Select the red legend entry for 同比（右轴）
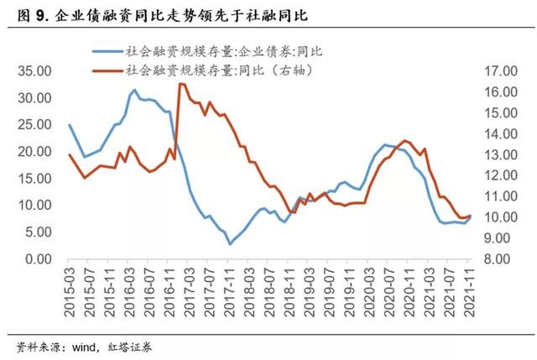[x=215, y=70]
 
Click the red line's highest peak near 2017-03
[x=180, y=84]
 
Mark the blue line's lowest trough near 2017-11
[x=230, y=244]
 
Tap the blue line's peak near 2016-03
[x=134, y=90]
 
